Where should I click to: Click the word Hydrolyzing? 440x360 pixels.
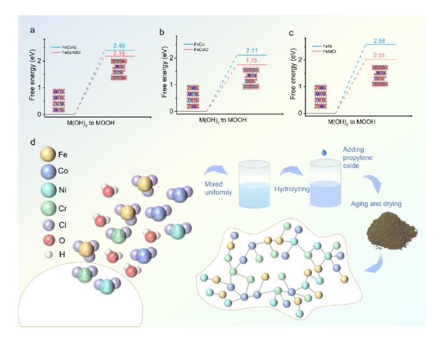coord(292,188)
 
